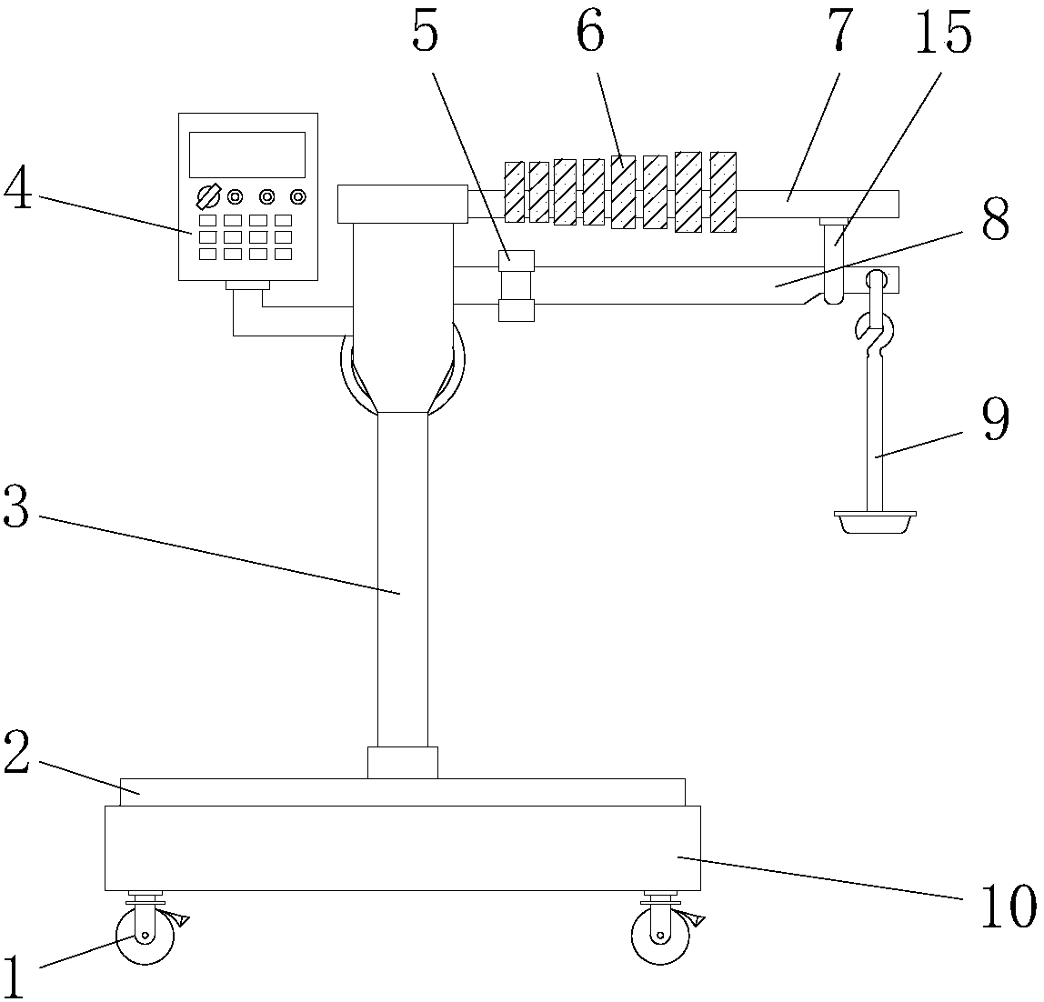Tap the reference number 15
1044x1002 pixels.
click(943, 33)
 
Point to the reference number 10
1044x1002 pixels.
click(1008, 907)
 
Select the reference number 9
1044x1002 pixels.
click(996, 420)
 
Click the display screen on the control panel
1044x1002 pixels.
click(247, 155)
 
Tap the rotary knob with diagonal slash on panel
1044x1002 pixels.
click(207, 197)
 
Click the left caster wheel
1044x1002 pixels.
click(146, 937)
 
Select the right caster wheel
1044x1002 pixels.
click(660, 937)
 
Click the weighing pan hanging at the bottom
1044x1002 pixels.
click(875, 522)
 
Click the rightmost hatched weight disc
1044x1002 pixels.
click(723, 193)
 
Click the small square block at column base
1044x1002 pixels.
click(403, 763)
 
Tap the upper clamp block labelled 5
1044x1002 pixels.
click(517, 260)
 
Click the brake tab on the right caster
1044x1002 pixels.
click(696, 920)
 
